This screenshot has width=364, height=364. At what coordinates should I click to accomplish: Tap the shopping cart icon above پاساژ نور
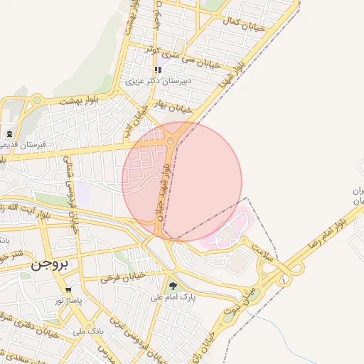coord(68,290)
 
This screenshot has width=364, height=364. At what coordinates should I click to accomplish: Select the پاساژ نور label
coord(70,301)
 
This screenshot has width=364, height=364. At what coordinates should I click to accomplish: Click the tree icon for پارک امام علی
coord(173,287)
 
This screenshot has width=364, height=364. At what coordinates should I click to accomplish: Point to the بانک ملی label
coord(89,331)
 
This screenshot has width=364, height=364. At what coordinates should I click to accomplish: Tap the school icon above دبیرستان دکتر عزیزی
coord(158,70)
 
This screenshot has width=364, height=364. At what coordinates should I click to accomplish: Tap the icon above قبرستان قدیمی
coord(9,134)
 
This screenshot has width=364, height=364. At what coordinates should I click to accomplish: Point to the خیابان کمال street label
coord(245,25)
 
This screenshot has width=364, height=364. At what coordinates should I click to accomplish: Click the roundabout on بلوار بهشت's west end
coord(36,100)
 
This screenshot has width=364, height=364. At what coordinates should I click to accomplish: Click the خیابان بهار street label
coord(174,108)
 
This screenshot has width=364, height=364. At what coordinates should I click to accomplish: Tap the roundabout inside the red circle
coord(171,142)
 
